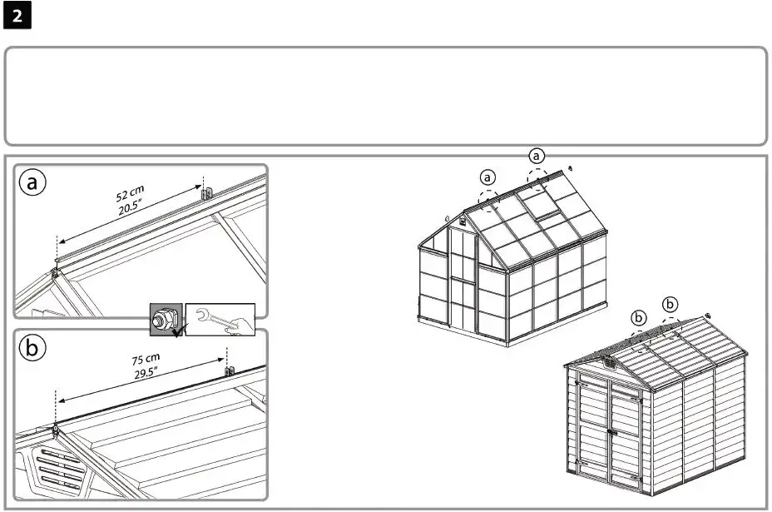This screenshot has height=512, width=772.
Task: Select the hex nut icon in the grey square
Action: pyautogui.click(x=164, y=319)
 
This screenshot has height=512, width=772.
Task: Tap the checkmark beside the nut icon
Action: pyautogui.click(x=177, y=331)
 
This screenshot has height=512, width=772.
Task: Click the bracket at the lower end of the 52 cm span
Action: pyautogui.click(x=56, y=271)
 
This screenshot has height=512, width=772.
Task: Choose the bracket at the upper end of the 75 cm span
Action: pyautogui.click(x=230, y=370)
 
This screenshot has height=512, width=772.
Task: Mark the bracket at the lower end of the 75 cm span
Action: pyautogui.click(x=56, y=430)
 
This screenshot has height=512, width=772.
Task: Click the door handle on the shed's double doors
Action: pyautogui.click(x=609, y=432)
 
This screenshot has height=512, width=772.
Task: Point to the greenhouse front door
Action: pyautogui.click(x=462, y=279)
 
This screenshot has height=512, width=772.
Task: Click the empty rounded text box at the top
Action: pyautogui.click(x=385, y=96)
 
